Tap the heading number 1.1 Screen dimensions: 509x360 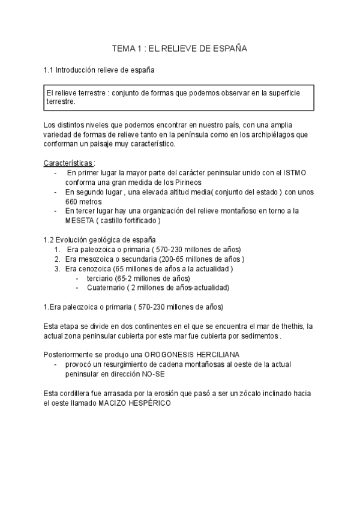tap(49, 70)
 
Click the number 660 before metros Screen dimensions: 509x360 tap(73, 202)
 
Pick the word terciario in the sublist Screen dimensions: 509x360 tap(100, 278)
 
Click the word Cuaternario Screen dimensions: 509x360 tap(109, 288)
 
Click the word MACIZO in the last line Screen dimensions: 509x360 tap(109, 403)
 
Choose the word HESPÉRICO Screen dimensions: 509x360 tap(149, 403)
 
